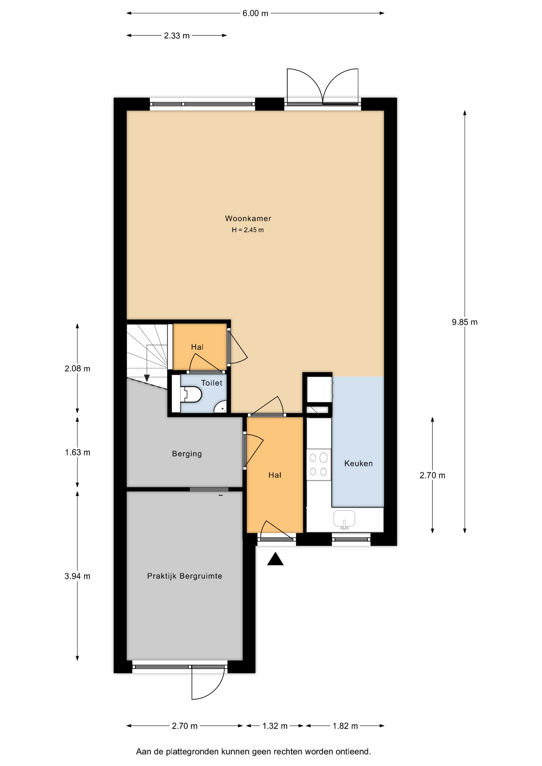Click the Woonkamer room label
(248, 218)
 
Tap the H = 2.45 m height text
(248, 230)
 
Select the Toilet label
(212, 383)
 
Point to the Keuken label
(358, 463)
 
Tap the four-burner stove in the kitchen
(318, 464)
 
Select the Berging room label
(187, 454)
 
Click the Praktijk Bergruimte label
(184, 576)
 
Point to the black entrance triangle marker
(275, 559)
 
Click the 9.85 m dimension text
(465, 322)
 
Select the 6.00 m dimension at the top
(255, 13)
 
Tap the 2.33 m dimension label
(177, 36)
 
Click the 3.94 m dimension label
(77, 576)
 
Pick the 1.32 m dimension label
(275, 726)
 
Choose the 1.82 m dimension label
(345, 726)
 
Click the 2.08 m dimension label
(77, 369)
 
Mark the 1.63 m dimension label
(77, 452)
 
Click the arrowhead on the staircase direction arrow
(147, 378)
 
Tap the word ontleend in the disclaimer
(353, 752)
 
